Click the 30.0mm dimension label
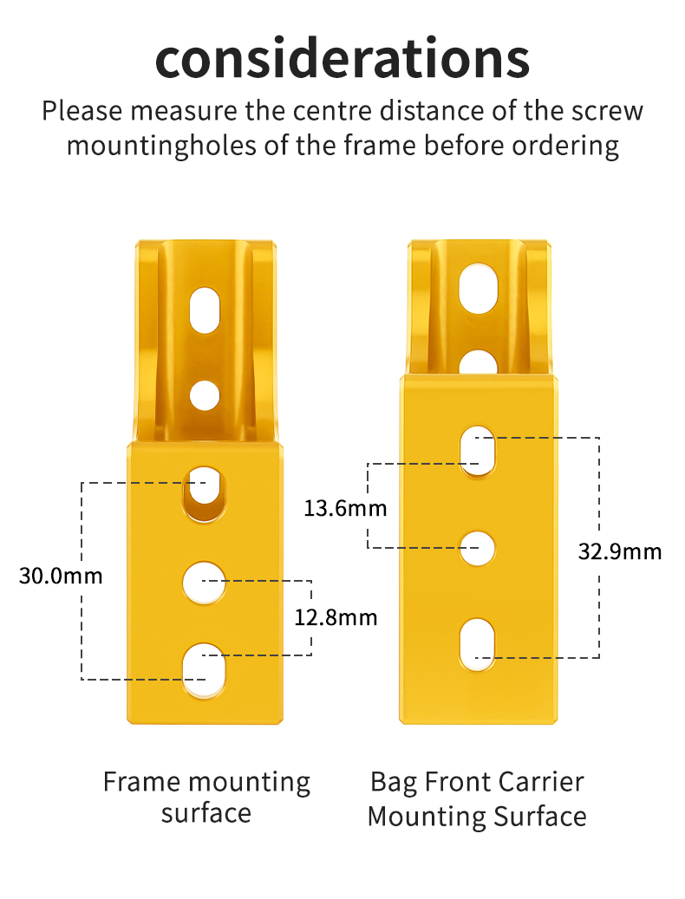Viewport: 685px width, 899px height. pyautogui.click(x=61, y=575)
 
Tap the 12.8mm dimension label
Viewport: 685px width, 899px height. pyautogui.click(x=336, y=617)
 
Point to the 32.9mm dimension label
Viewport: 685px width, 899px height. pyautogui.click(x=620, y=551)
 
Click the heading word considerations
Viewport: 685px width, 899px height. pyautogui.click(x=342, y=58)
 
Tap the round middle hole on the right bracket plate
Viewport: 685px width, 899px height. pyautogui.click(x=477, y=549)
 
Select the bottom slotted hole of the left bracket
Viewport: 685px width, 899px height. pyautogui.click(x=204, y=669)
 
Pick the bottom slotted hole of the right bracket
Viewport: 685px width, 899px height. pyautogui.click(x=477, y=644)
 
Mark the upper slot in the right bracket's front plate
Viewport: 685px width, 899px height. pyautogui.click(x=477, y=451)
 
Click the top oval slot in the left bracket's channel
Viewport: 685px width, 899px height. pyautogui.click(x=205, y=310)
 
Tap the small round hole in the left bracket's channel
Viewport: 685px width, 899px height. pyautogui.click(x=205, y=395)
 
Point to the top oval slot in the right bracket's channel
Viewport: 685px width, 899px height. pyautogui.click(x=477, y=289)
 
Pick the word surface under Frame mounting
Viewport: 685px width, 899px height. pyautogui.click(x=206, y=813)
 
